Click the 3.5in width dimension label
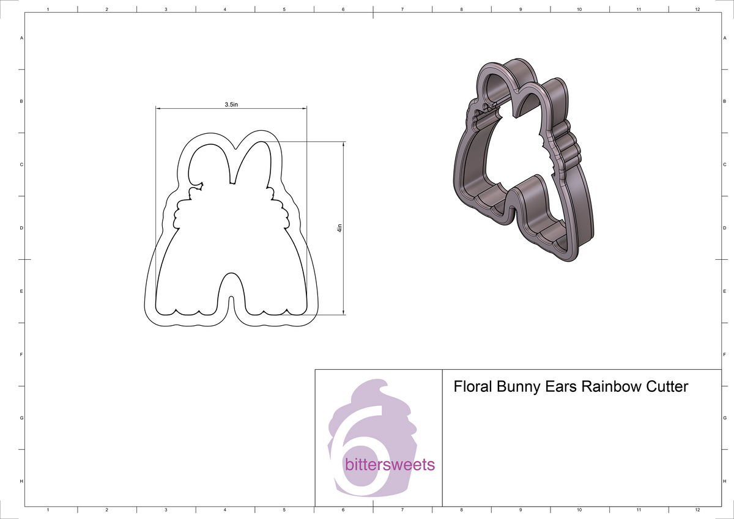click(x=231, y=105)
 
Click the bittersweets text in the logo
click(x=390, y=465)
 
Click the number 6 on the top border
click(x=343, y=10)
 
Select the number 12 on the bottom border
click(x=697, y=509)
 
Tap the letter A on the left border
click(x=22, y=38)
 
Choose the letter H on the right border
click(x=724, y=482)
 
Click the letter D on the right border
click(x=724, y=228)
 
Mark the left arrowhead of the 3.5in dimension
click(x=158, y=109)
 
